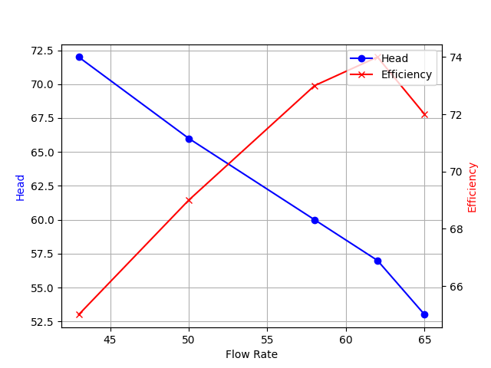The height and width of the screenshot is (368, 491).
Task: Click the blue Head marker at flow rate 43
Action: tap(79, 57)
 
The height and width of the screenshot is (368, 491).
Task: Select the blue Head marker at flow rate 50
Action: tap(189, 139)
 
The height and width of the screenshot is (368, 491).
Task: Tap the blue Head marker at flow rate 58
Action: tap(315, 220)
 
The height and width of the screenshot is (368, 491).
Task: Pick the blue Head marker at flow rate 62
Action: tap(377, 261)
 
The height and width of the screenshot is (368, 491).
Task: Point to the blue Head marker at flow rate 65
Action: tap(424, 314)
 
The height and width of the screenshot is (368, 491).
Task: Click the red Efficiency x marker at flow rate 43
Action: tap(79, 314)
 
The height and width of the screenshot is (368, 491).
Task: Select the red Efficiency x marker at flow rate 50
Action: tap(189, 200)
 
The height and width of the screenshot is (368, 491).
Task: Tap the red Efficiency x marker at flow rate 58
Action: tap(315, 86)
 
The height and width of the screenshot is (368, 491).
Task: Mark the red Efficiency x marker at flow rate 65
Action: tap(424, 114)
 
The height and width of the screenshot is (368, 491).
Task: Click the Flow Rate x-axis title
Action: tap(252, 354)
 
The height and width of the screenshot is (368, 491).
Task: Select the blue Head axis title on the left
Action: tap(21, 187)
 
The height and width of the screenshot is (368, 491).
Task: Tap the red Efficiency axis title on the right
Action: tap(473, 187)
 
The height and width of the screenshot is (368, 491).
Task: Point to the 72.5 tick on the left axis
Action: tap(41, 51)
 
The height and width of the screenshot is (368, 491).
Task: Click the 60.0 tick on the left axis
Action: tap(41, 220)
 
